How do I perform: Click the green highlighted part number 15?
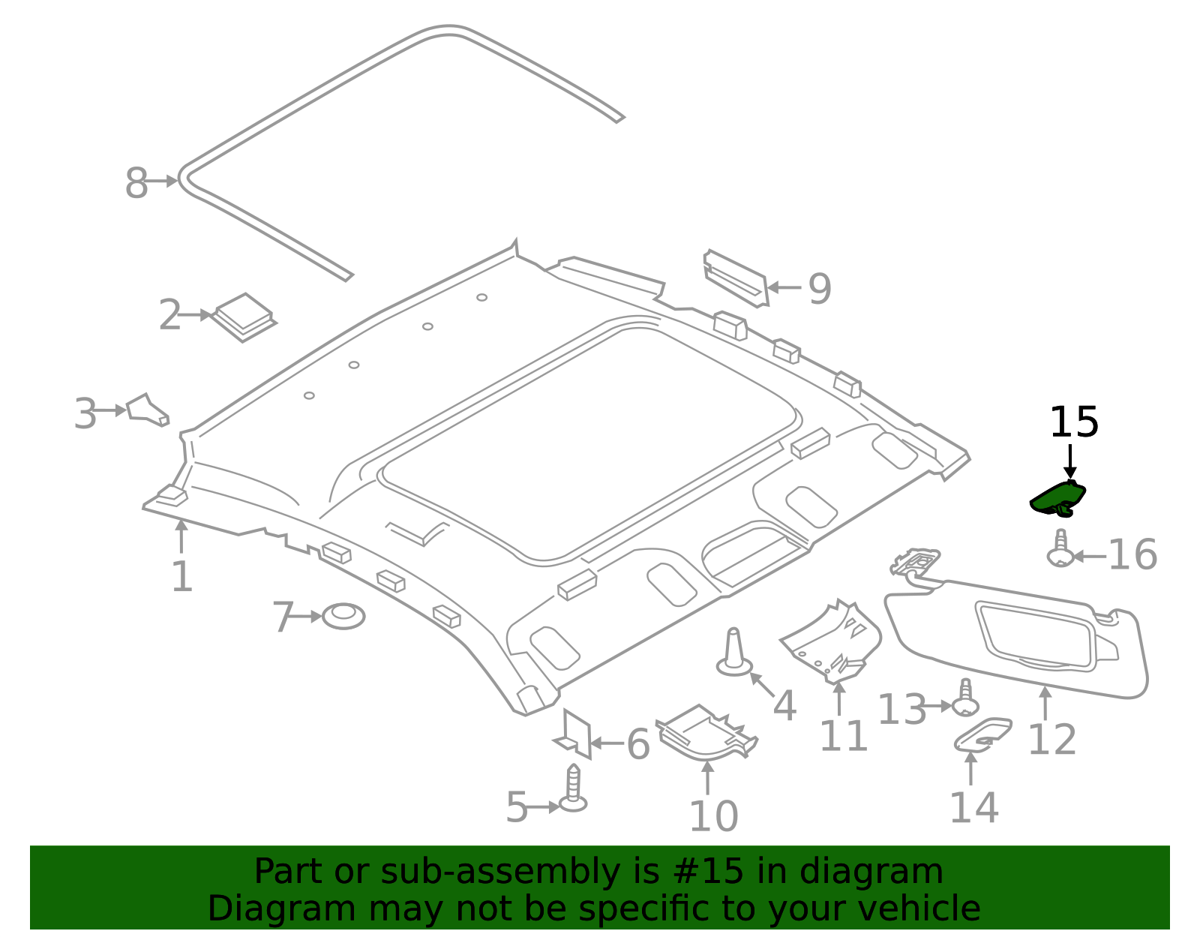click(1057, 498)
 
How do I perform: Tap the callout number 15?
click(1073, 422)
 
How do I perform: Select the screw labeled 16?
click(1060, 548)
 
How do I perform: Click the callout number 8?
click(136, 184)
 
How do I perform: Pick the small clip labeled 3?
click(147, 410)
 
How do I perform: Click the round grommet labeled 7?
click(343, 616)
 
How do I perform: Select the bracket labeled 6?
click(574, 734)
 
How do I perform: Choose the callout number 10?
click(713, 816)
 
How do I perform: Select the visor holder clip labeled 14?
click(983, 734)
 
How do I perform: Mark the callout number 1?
click(181, 577)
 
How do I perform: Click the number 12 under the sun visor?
click(1051, 740)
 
